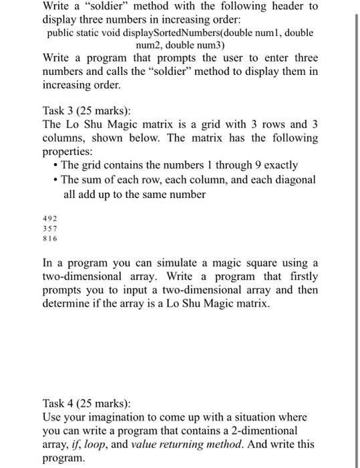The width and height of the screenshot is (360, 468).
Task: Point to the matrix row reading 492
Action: (50, 218)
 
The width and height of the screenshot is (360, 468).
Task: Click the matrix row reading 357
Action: (50, 228)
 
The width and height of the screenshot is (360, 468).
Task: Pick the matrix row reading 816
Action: (50, 238)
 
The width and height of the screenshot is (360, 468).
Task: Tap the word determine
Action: (67, 305)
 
